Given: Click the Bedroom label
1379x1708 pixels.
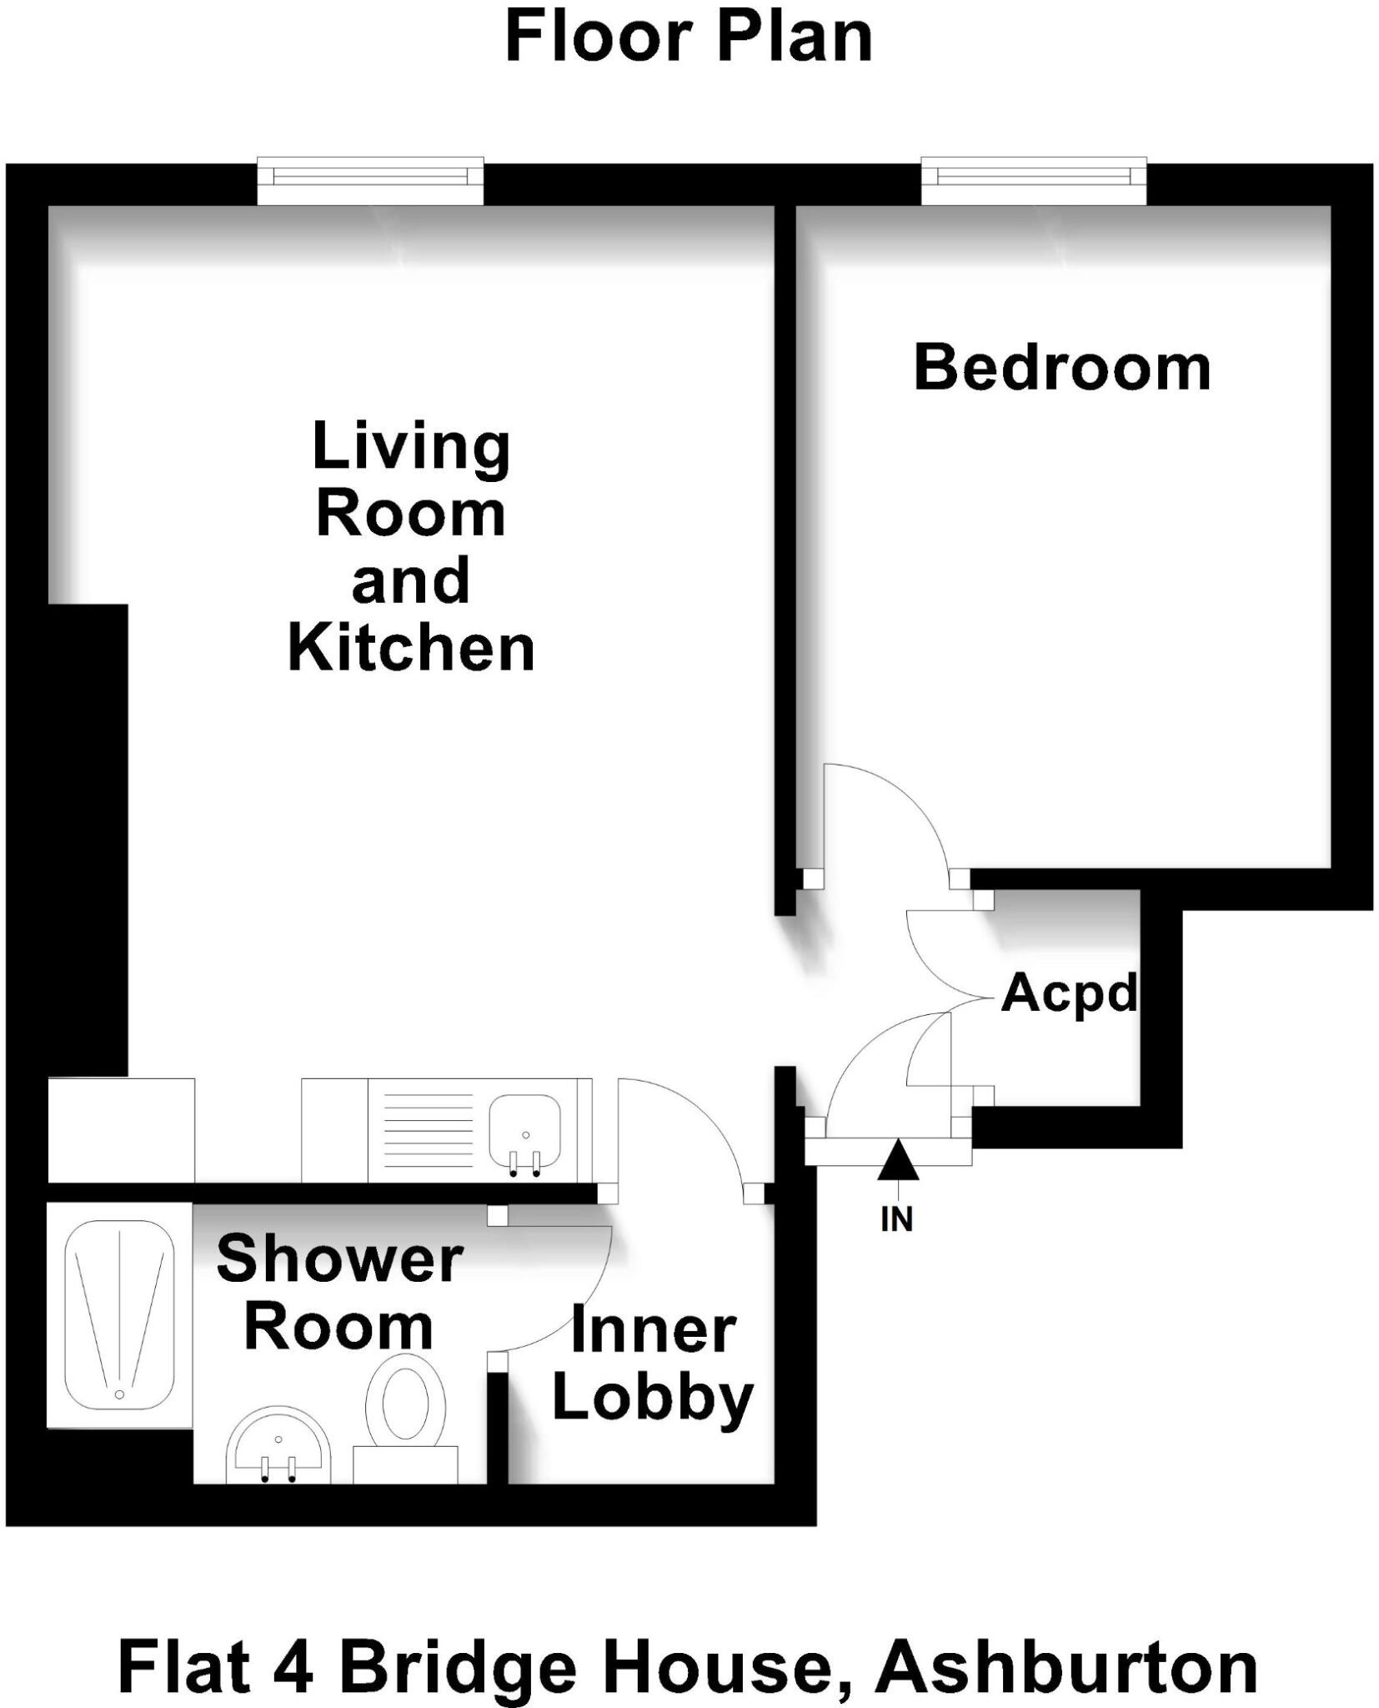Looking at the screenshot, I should click(x=1062, y=368).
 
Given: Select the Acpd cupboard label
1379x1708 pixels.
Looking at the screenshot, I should click(x=1069, y=994).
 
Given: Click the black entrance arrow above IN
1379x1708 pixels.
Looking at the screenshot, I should click(x=898, y=1161).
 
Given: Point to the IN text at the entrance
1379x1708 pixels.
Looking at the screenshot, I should click(x=896, y=1219).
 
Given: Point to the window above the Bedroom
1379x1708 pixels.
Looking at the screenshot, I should click(x=1033, y=180).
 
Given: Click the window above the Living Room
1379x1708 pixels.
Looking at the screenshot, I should click(x=369, y=180).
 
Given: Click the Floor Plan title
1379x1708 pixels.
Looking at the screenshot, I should click(x=689, y=38).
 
